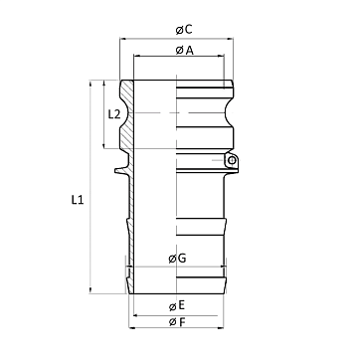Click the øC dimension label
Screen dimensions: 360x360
[184, 30]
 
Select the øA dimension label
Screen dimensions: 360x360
[185, 51]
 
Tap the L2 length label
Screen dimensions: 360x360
[114, 114]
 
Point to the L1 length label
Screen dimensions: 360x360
[78, 200]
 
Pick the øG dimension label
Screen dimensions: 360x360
[177, 259]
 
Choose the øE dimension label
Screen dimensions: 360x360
[177, 306]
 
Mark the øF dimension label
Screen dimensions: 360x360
[177, 322]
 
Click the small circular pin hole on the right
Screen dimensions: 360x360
[232, 161]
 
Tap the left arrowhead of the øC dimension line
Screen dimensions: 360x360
[123, 39]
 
